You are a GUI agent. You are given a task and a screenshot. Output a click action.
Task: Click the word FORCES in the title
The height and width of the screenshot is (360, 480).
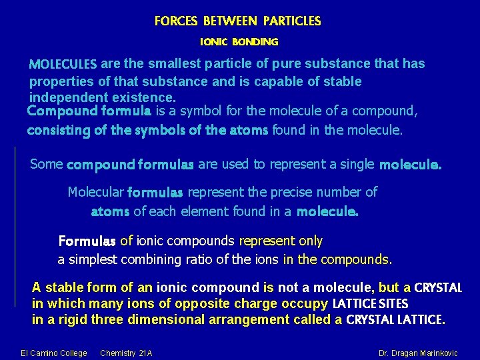[176, 21]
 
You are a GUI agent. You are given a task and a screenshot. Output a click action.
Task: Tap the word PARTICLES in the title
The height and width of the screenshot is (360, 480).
[291, 21]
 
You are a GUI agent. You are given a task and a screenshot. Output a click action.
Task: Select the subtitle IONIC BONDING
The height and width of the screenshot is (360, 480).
[239, 42]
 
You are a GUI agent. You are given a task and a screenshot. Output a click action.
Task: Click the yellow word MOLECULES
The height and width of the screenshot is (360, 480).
[63, 65]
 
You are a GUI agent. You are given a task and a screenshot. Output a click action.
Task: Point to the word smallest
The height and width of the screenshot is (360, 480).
[175, 64]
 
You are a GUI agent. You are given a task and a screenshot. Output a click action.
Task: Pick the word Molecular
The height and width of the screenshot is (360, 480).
[95, 193]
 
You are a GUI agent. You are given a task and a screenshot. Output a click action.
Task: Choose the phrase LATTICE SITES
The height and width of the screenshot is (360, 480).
[371, 304]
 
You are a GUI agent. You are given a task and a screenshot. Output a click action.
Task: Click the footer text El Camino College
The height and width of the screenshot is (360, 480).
[54, 353]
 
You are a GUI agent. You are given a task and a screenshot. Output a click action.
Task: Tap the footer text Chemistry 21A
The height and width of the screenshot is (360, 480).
[126, 353]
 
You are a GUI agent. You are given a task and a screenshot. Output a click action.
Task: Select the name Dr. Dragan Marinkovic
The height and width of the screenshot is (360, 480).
[417, 353]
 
